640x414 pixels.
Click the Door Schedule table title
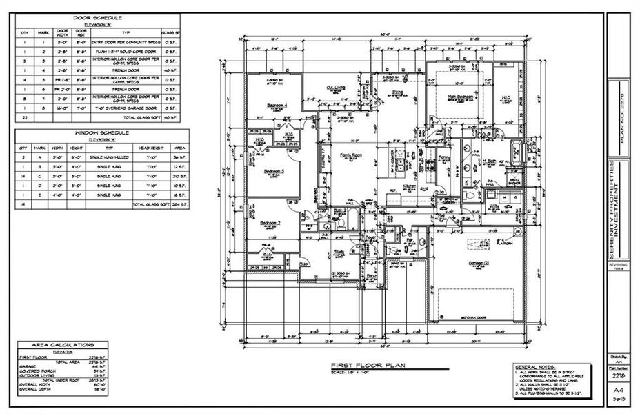pos(97,17)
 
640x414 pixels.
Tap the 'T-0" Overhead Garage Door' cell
pos(126,108)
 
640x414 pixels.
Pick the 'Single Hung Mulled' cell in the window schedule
pos(107,157)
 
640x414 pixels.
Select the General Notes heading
pos(534,366)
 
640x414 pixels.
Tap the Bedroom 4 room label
pos(277,106)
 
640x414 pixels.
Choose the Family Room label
pos(352,157)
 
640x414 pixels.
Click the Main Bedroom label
pos(460,97)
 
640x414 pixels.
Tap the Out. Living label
pos(336,87)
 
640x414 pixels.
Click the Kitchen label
pos(408,186)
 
